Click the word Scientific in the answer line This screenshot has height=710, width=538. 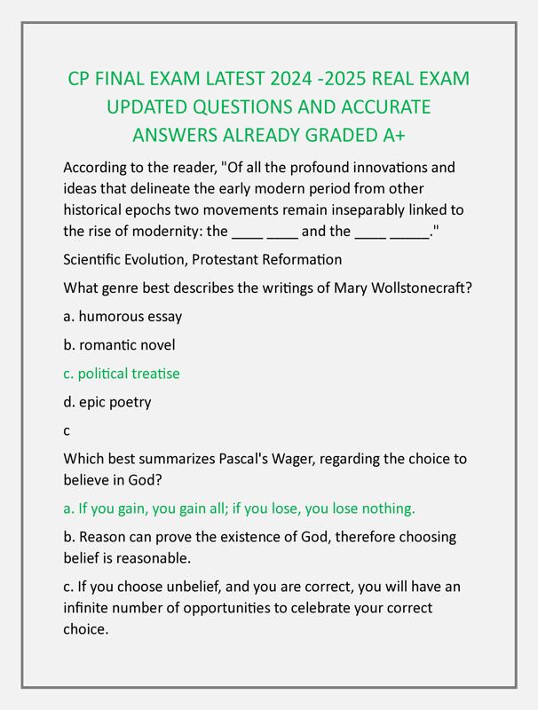tap(97, 260)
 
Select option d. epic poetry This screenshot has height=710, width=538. tap(107, 402)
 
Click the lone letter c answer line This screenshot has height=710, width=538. tap(67, 430)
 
